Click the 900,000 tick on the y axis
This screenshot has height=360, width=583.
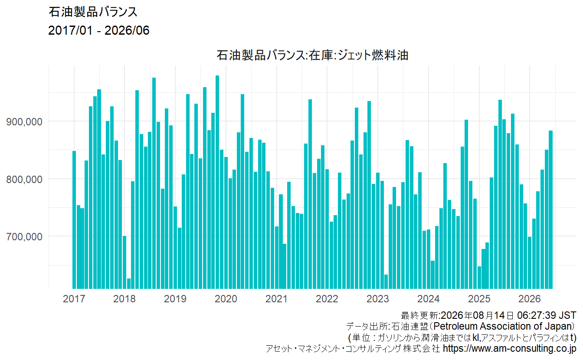point(24,121)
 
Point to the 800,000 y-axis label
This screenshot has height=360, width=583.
point(24,179)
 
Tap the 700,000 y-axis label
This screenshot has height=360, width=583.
point(24,237)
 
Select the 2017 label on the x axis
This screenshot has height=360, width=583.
point(74,298)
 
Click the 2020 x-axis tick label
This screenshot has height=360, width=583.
point(226,298)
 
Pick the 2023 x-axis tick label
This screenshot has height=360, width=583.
point(378,298)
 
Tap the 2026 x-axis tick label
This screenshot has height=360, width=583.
point(530,298)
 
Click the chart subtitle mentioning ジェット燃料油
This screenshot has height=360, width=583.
point(312,55)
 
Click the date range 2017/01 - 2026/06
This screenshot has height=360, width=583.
point(98,30)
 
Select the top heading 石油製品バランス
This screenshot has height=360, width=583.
point(93,12)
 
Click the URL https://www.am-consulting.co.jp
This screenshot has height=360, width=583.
point(510,348)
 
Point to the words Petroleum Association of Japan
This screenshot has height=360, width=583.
point(504,326)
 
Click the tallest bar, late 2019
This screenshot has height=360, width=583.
point(217,182)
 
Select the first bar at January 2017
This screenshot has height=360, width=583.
point(74,220)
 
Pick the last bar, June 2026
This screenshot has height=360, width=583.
point(551,209)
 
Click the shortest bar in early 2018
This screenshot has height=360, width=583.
point(129,284)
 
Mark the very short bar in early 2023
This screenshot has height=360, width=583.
point(386,281)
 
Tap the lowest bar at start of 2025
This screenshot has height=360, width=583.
point(479,278)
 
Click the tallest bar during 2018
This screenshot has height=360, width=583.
point(154,183)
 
